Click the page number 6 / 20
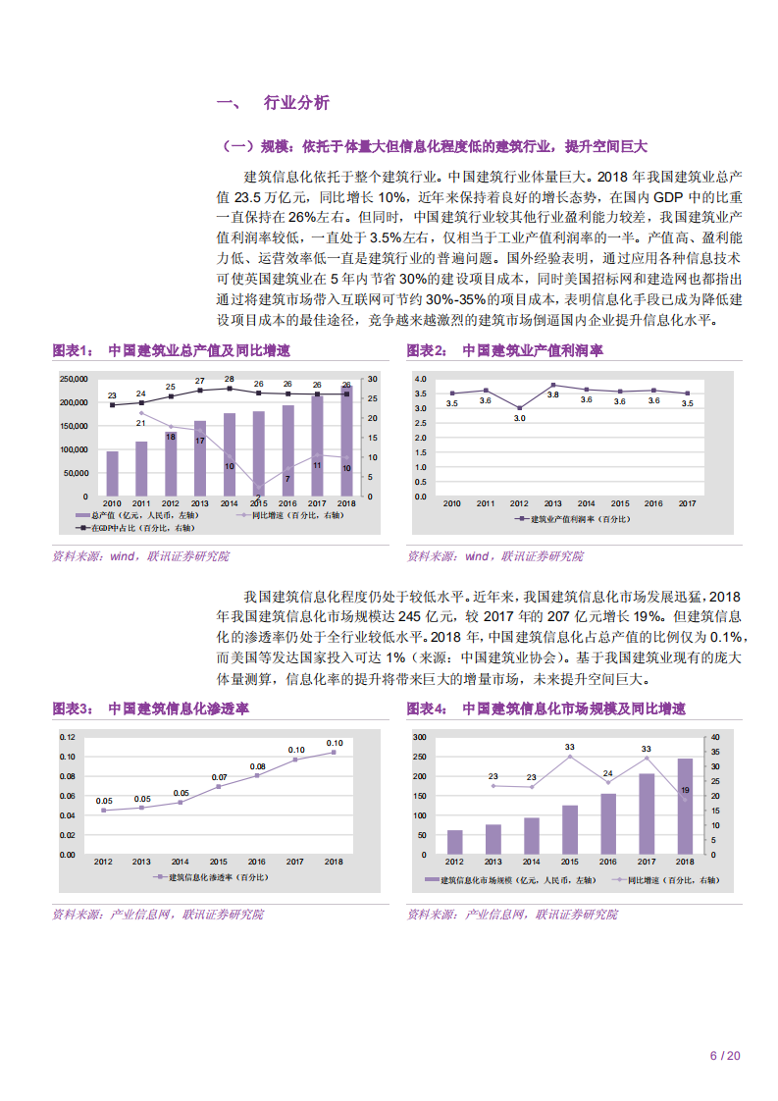(724, 1056)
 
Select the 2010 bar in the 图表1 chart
(112, 473)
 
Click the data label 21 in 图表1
(140, 423)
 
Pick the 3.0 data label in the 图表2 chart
(519, 418)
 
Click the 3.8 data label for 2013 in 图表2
(552, 394)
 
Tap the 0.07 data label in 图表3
(219, 777)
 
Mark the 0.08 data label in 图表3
(257, 766)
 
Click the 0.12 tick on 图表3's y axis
(67, 737)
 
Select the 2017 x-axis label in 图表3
(295, 862)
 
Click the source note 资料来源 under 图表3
(157, 914)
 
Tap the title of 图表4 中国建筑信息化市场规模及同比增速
(546, 708)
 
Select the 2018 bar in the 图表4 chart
(685, 806)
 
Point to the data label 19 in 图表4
(685, 790)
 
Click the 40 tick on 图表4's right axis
(714, 737)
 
